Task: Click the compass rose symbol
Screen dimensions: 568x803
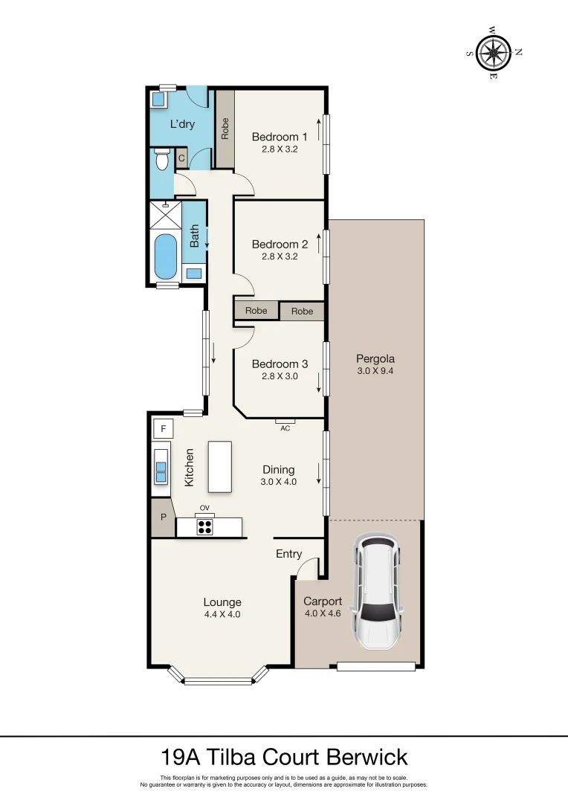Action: pyautogui.click(x=493, y=52)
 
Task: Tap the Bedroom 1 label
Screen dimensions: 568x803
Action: pyautogui.click(x=280, y=137)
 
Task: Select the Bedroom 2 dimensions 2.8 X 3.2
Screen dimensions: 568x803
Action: pyautogui.click(x=280, y=256)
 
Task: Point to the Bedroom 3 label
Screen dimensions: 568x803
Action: pyautogui.click(x=280, y=364)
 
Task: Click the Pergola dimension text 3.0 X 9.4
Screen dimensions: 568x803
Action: pyautogui.click(x=375, y=371)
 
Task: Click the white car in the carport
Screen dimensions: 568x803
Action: pyautogui.click(x=377, y=592)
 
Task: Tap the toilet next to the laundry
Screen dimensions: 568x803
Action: pyautogui.click(x=162, y=159)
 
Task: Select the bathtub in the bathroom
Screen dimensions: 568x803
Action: pyautogui.click(x=166, y=257)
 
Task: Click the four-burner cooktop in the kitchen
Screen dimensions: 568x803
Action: pyautogui.click(x=205, y=527)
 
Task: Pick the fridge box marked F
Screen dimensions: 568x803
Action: pyautogui.click(x=164, y=429)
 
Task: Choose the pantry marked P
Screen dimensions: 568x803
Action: pyautogui.click(x=164, y=517)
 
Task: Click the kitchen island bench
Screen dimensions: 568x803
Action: pyautogui.click(x=220, y=466)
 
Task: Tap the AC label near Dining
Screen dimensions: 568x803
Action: pyautogui.click(x=285, y=428)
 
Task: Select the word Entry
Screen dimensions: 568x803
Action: pyautogui.click(x=289, y=554)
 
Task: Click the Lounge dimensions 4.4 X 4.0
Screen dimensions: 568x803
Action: pyautogui.click(x=222, y=615)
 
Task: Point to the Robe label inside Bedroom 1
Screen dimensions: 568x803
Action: pyautogui.click(x=225, y=129)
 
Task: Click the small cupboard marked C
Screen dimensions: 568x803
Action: pyautogui.click(x=181, y=159)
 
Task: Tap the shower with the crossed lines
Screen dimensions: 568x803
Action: pyautogui.click(x=166, y=215)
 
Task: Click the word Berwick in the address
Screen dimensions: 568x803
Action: pyautogui.click(x=367, y=757)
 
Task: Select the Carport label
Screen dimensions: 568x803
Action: pyautogui.click(x=323, y=602)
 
